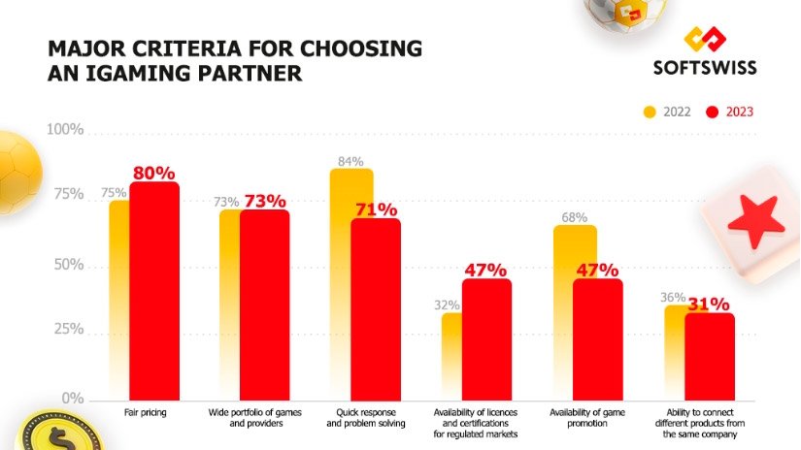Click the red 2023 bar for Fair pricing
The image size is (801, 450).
(x=154, y=291)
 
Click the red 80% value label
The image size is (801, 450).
(x=154, y=174)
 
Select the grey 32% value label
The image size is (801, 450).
(x=447, y=305)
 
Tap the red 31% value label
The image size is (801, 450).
(x=709, y=305)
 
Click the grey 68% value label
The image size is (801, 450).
(x=573, y=217)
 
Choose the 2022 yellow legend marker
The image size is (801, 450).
(x=651, y=112)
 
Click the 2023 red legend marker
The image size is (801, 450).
(x=711, y=112)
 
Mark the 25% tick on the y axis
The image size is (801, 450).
(x=67, y=329)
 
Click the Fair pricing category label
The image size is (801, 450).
(x=146, y=412)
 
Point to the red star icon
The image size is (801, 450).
(x=755, y=222)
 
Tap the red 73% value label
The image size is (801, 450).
(x=264, y=201)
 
